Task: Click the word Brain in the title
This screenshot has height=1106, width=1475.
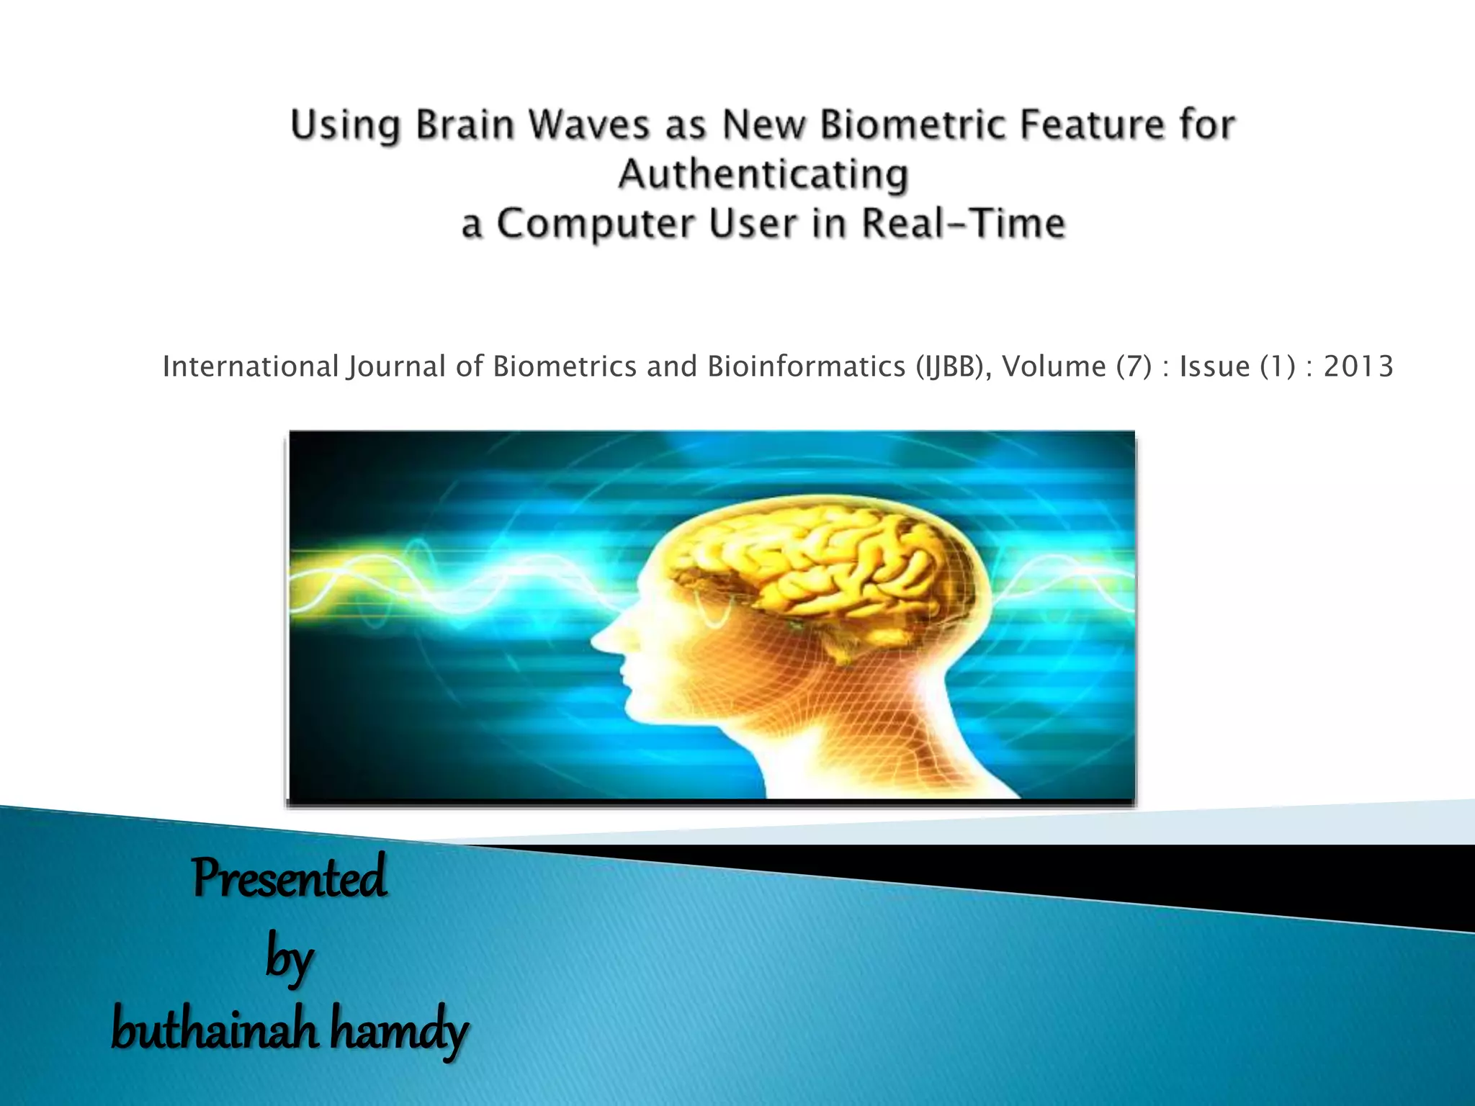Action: tap(465, 125)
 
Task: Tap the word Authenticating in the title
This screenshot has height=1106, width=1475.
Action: tap(763, 174)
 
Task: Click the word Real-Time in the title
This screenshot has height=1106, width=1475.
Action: tap(964, 223)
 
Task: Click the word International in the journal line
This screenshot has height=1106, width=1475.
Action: tap(250, 367)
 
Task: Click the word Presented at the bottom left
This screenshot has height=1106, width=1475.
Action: tap(289, 878)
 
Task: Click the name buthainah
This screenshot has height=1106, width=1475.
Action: tap(214, 1030)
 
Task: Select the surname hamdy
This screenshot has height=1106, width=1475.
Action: tap(398, 1030)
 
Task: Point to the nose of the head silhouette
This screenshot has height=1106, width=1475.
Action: tap(599, 638)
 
